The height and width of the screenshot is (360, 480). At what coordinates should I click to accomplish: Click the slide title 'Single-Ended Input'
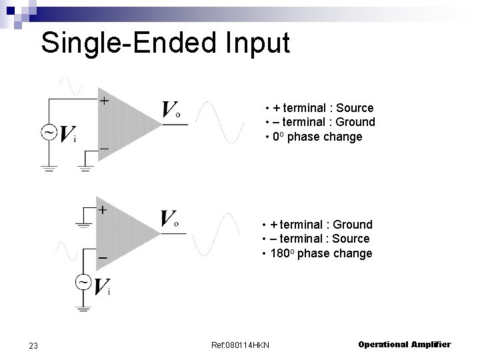point(165,43)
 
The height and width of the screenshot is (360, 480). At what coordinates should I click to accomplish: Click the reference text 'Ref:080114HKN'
point(241,345)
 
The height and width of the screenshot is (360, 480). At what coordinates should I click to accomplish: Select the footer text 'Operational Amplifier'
point(404,345)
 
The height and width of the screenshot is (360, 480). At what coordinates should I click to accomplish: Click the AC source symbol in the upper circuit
point(49,133)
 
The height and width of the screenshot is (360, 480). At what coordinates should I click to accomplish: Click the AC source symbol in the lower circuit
point(83,283)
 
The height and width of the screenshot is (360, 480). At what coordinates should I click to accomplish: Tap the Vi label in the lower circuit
point(101,287)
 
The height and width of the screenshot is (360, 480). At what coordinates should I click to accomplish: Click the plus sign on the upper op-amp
point(105,101)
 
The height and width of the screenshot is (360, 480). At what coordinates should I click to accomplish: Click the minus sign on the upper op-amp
point(104,147)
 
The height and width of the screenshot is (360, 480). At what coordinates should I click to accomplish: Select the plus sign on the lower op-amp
point(103,209)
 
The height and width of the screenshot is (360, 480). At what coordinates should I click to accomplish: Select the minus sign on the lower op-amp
point(103,257)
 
